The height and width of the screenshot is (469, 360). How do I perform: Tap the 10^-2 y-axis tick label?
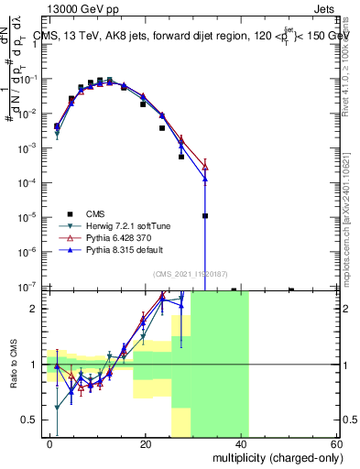point(26,114)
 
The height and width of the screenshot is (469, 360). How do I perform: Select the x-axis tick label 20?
point(146,443)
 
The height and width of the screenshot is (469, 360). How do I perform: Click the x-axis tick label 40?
point(242,443)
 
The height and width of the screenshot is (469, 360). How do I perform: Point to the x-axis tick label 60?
point(337,443)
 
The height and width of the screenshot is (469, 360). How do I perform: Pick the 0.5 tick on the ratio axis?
point(27,420)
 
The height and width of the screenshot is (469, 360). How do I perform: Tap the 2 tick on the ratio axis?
point(31,309)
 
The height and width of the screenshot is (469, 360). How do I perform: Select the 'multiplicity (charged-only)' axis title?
point(275,456)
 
